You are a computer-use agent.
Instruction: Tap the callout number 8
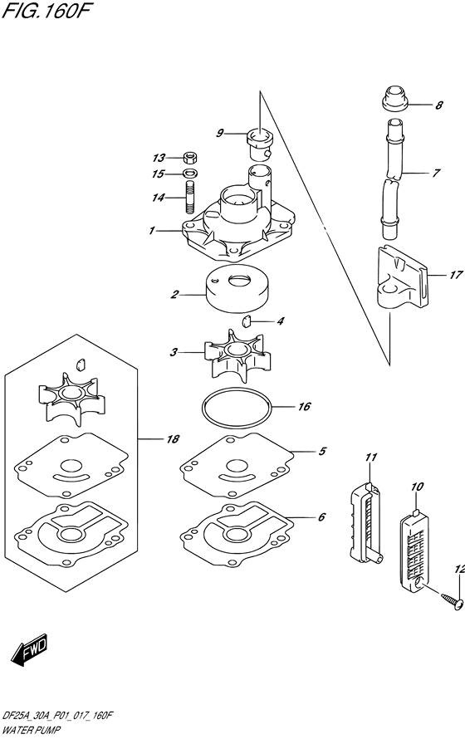click(x=439, y=105)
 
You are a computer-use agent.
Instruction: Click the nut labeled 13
click(x=189, y=158)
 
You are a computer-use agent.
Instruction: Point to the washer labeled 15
click(x=189, y=174)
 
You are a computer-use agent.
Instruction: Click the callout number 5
click(x=322, y=452)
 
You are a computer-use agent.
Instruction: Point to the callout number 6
click(x=322, y=517)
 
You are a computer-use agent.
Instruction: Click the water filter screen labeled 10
click(x=414, y=544)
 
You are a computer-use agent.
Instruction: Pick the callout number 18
click(x=173, y=439)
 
